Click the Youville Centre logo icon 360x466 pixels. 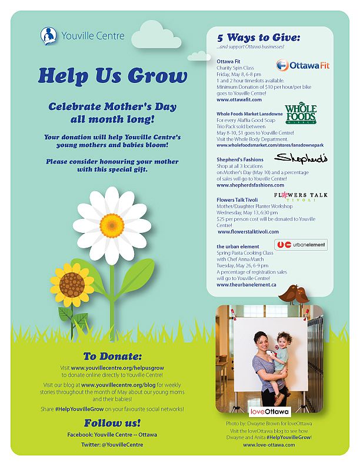click(48, 35)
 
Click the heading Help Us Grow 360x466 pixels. click(112, 76)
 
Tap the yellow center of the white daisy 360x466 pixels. click(111, 224)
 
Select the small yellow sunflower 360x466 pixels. click(72, 284)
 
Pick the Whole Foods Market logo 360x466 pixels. click(301, 114)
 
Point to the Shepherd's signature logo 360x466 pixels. click(301, 158)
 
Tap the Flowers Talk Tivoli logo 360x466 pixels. click(301, 197)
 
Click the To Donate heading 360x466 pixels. click(112, 357)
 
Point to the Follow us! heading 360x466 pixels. click(112, 423)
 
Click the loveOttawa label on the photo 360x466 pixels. click(269, 411)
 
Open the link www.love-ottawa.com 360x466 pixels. click(269, 445)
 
